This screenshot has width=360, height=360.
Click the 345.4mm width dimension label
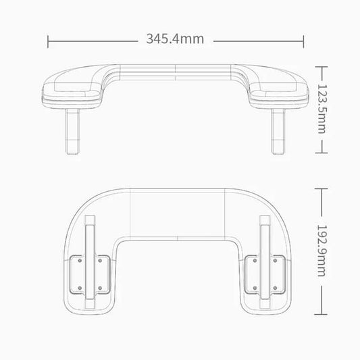coord(175,38)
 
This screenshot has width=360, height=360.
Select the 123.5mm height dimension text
coord(322,109)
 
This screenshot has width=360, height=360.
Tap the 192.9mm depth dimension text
coord(322,251)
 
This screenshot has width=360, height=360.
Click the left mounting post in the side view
coord(72,131)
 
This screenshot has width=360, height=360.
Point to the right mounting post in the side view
coord(278,131)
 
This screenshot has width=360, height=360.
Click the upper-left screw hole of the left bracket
coord(80,261)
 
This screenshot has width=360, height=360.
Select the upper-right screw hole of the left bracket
coord(100,261)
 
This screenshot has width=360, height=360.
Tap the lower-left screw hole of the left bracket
coord(80,288)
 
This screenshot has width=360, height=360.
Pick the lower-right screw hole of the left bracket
coord(100,288)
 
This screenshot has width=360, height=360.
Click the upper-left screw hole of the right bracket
coord(255,261)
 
